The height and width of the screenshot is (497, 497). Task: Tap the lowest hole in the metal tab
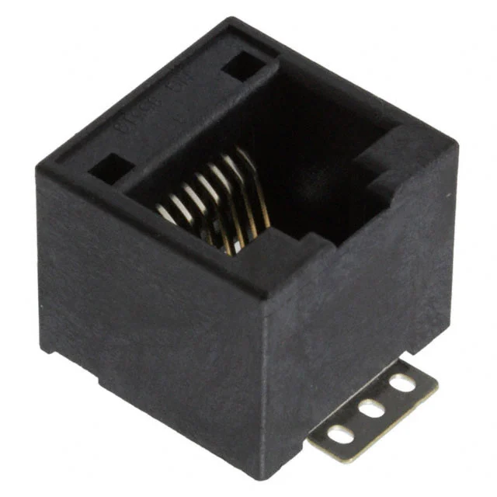click(x=339, y=434)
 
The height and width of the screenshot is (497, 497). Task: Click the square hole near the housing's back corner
click(x=242, y=66)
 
